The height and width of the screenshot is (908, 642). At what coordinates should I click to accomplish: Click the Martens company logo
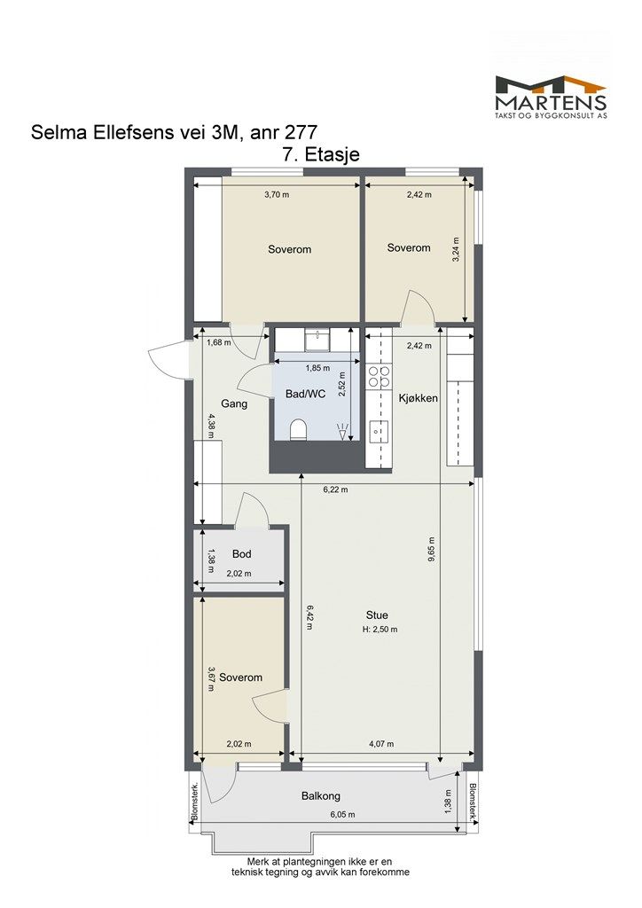coord(551,98)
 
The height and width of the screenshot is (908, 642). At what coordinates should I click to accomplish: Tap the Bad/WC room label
coord(306,394)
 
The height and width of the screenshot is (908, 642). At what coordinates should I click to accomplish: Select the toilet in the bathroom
coord(298,430)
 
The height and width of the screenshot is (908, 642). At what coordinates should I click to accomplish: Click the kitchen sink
coord(379,431)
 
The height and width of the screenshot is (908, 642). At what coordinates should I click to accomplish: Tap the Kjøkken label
coord(418,398)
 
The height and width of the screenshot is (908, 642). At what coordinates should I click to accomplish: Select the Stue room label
coord(377,615)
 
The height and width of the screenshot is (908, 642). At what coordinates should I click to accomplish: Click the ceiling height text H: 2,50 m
coord(380,630)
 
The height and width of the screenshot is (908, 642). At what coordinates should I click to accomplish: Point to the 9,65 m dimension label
coord(431,550)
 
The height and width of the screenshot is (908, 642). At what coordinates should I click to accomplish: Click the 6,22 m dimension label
coord(336,489)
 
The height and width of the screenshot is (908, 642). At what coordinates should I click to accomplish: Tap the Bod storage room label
coord(241,554)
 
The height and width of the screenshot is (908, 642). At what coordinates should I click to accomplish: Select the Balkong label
coord(321,796)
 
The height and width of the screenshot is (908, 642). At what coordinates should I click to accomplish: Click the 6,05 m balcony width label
coord(342,815)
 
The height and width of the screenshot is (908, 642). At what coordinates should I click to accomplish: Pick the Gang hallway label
coord(234,403)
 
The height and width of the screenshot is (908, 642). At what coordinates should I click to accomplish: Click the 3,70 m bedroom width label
coord(277,194)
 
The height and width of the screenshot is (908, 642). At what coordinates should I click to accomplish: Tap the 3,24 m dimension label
coord(456,250)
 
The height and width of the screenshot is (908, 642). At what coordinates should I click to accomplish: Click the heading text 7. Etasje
coord(319,154)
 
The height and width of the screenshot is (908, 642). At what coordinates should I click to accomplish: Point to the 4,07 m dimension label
coord(381,744)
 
